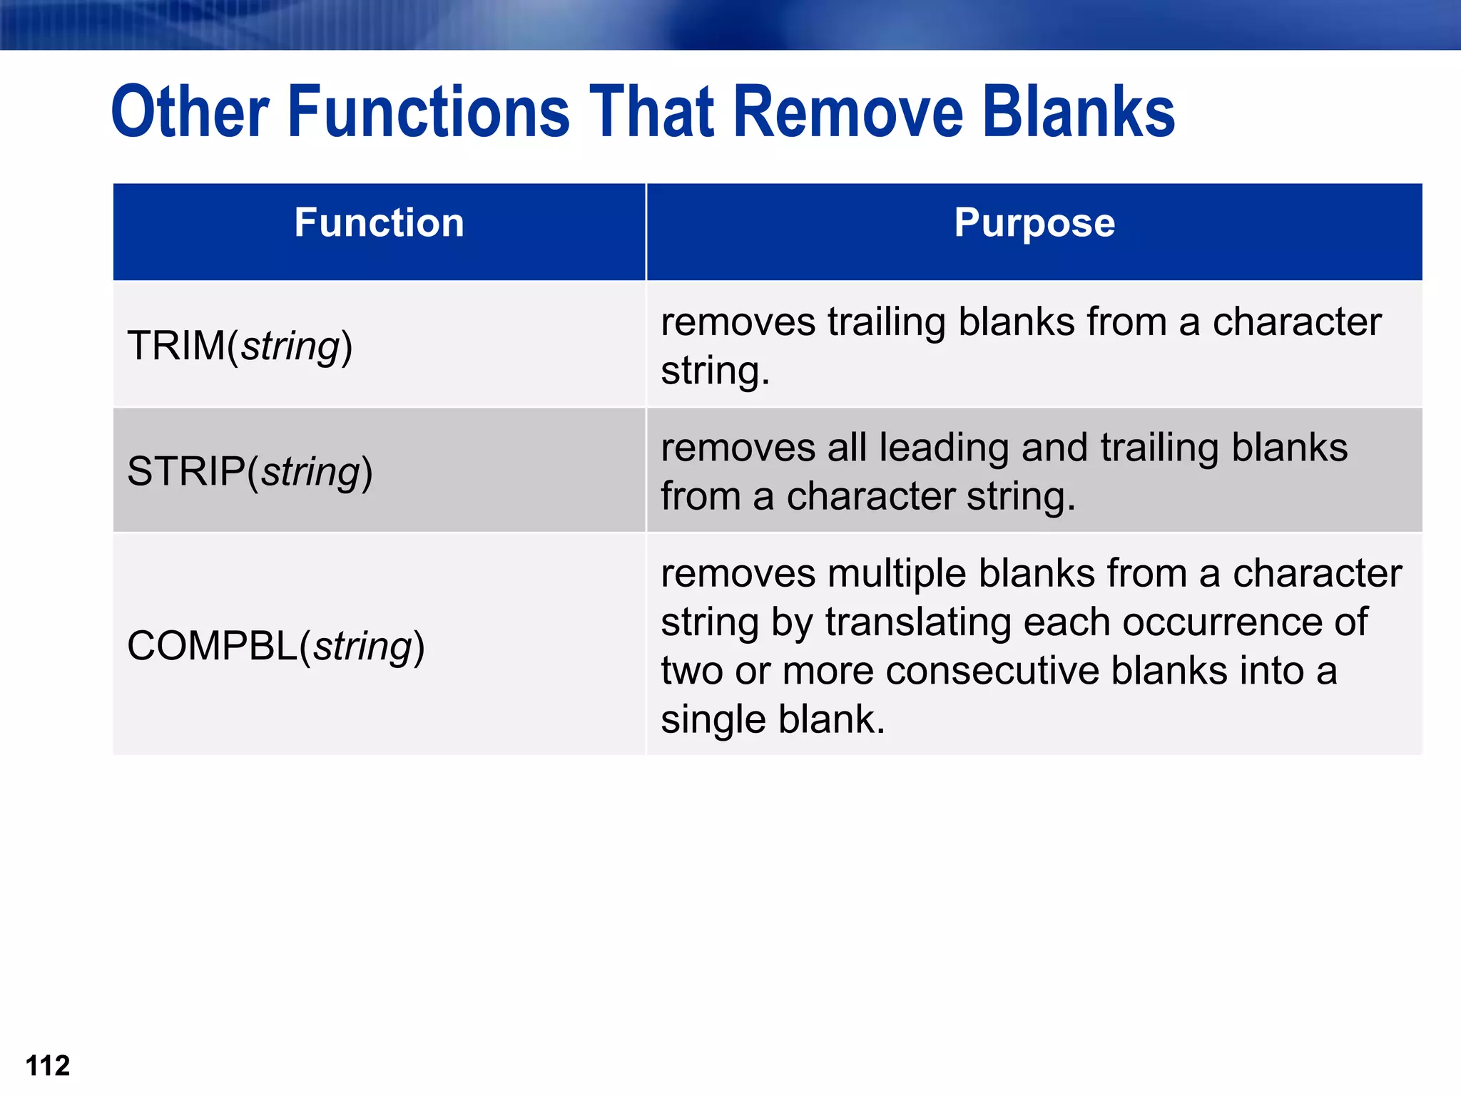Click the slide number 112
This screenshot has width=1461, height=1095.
coord(47,1066)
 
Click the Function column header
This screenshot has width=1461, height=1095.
coord(379,222)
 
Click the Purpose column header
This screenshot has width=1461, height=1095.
coord(1034,222)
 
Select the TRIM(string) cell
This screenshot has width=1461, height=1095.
coord(240,346)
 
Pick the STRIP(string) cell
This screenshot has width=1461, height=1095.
coord(250,471)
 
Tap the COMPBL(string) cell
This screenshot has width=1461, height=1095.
coord(275,646)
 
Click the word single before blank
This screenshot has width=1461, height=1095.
coord(713,719)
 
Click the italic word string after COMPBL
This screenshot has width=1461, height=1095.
coord(363,647)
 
